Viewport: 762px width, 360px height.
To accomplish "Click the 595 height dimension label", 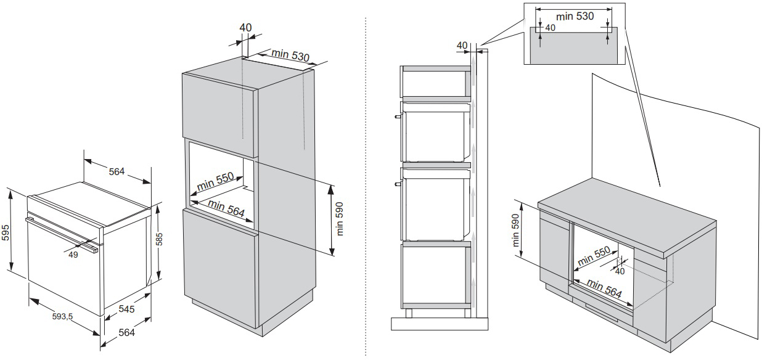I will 6,232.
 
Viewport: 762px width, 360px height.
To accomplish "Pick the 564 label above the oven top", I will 117,171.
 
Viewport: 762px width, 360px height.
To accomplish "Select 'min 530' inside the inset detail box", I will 575,16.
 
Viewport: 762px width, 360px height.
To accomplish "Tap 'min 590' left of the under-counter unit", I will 516,230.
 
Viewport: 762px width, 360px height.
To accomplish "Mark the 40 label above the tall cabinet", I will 245,27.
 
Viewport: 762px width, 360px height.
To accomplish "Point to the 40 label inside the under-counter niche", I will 620,271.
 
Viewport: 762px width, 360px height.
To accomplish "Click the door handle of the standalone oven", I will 62,234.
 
